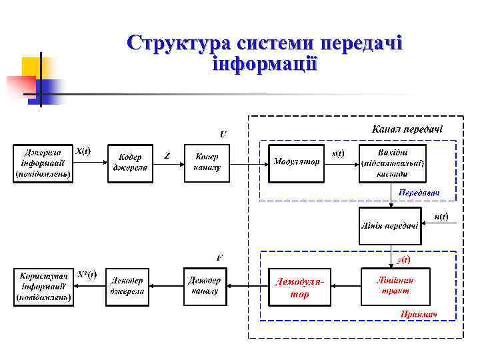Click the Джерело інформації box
click(x=44, y=162)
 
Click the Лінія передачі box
click(x=389, y=225)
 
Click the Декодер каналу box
click(x=205, y=285)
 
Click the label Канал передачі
click(x=407, y=129)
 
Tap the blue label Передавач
click(x=419, y=192)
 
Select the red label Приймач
click(x=418, y=314)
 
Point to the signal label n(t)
click(x=441, y=217)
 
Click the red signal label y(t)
click(x=403, y=259)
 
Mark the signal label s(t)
click(x=339, y=153)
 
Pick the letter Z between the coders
click(x=167, y=156)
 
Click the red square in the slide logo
click(x=21, y=85)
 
